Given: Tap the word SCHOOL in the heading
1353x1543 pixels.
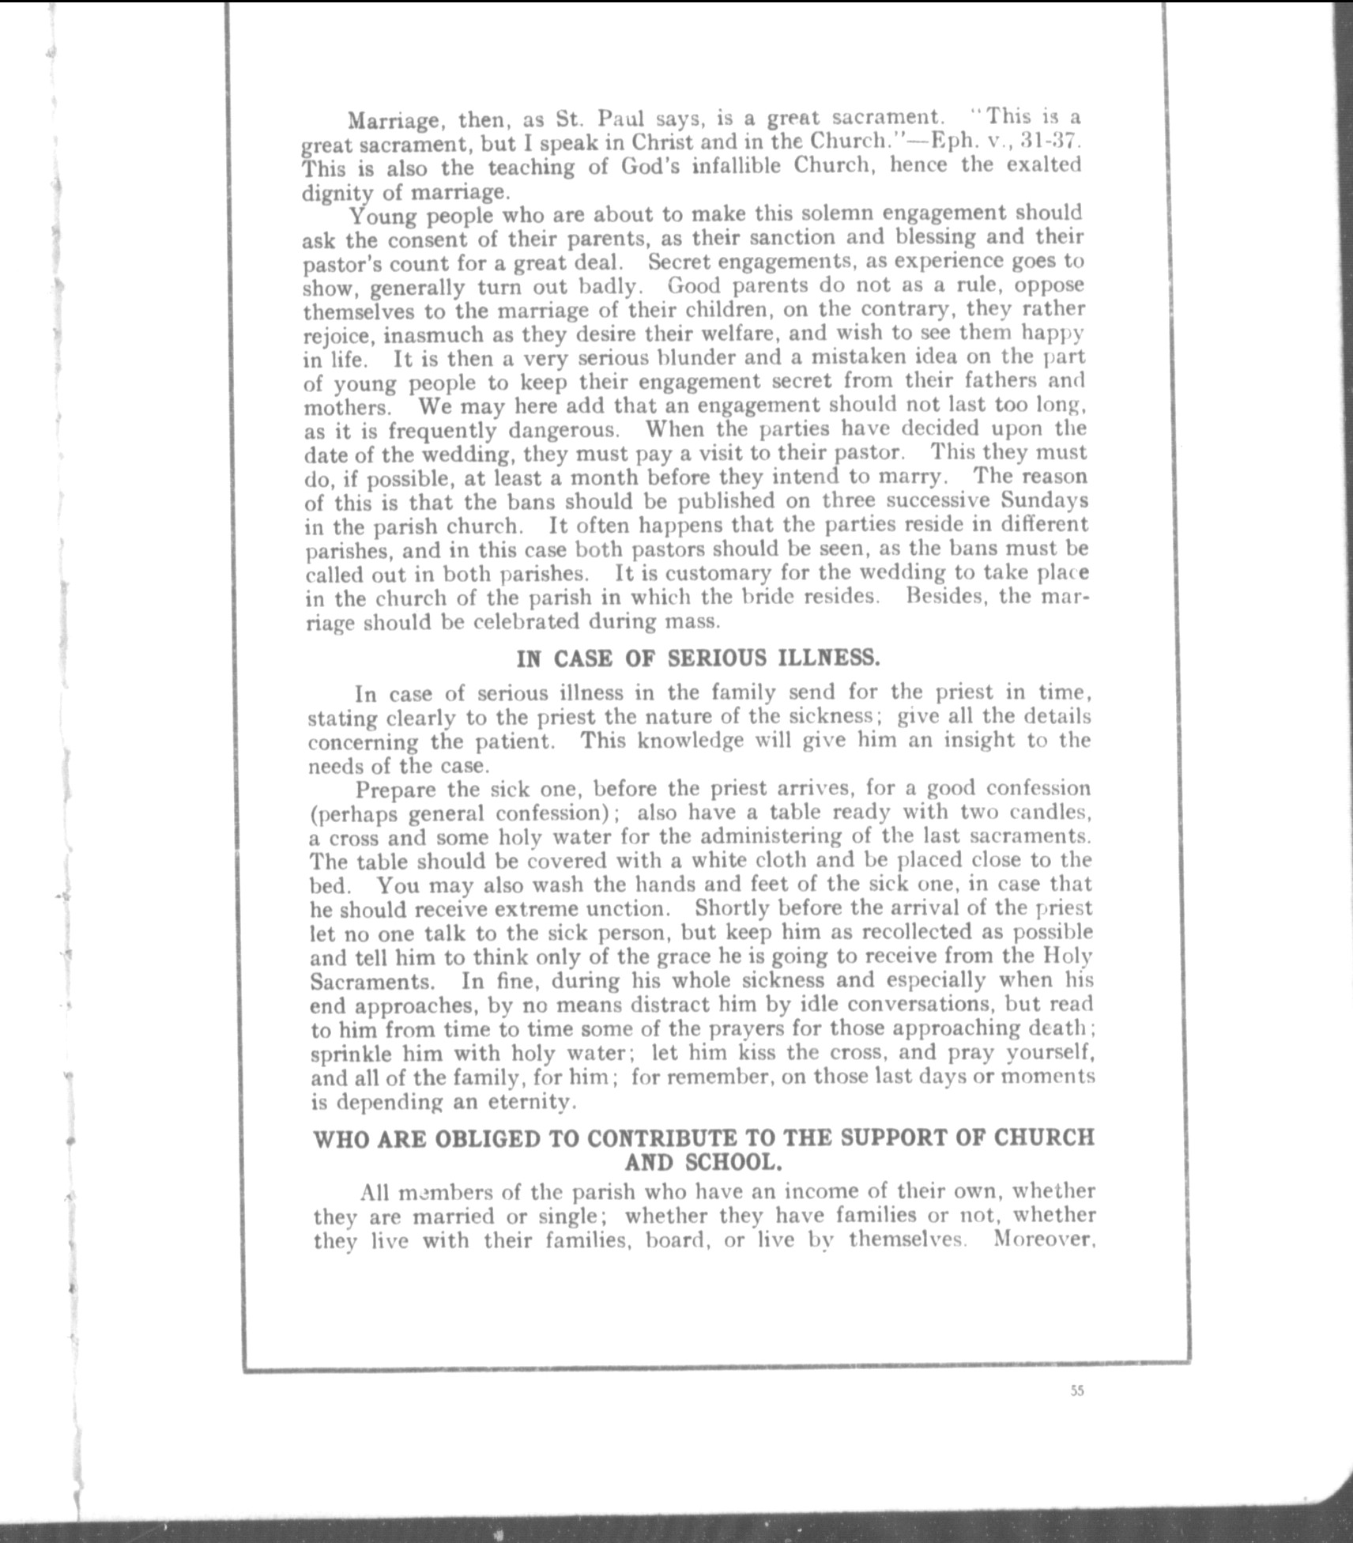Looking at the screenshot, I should [733, 1163].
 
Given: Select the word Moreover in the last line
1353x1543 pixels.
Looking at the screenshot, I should [1043, 1239].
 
